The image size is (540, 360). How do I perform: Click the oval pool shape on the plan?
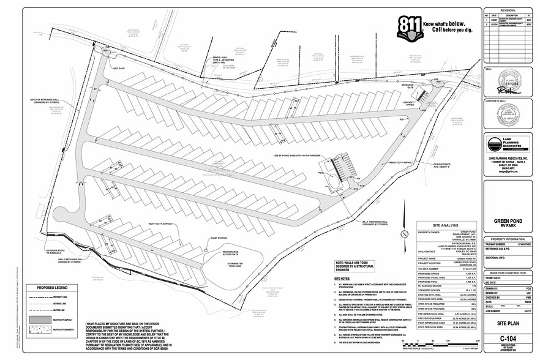[333, 181]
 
